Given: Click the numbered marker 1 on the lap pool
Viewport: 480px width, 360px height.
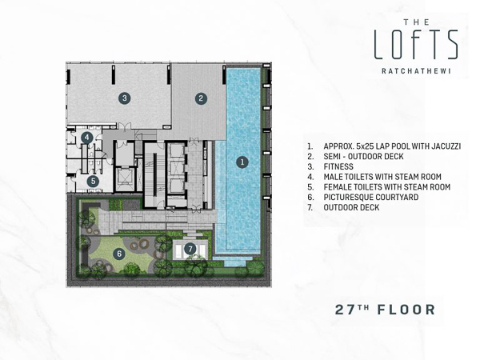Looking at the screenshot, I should (x=242, y=162).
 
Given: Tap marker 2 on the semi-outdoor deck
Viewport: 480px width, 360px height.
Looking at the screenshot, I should (x=201, y=98).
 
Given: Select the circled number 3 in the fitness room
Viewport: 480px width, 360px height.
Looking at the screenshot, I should (x=124, y=98).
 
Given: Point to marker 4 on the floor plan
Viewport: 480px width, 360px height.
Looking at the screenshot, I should (x=86, y=138).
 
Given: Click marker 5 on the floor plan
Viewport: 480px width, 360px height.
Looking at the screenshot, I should (x=93, y=181).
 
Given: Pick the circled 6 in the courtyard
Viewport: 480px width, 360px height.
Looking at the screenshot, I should (x=119, y=254).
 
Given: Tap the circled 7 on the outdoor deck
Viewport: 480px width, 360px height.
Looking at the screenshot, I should (x=190, y=249).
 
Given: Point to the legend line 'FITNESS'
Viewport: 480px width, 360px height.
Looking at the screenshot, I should (x=340, y=166).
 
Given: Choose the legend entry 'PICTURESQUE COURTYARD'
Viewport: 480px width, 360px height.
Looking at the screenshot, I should (x=370, y=197).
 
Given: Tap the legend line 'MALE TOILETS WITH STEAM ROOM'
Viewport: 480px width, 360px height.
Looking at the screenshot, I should (x=382, y=177).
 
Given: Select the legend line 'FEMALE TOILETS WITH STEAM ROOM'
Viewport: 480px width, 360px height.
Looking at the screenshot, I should (x=386, y=187).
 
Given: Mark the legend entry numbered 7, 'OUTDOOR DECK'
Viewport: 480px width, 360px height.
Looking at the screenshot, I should (x=351, y=207).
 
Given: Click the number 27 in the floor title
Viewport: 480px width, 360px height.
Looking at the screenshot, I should (x=346, y=310).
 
